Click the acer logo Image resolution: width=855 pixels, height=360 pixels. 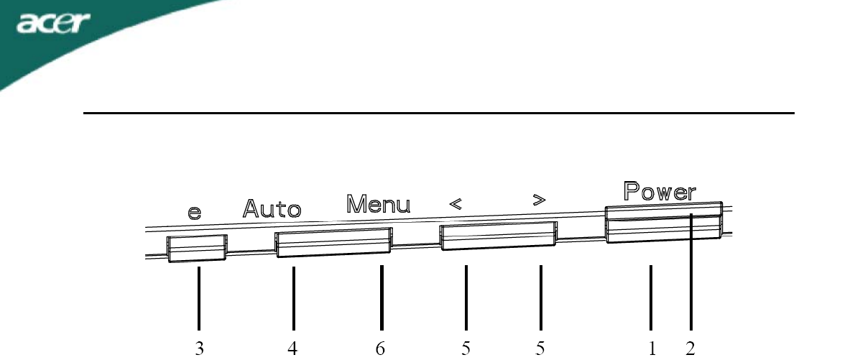tap(55, 27)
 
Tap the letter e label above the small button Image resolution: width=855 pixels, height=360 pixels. tap(195, 213)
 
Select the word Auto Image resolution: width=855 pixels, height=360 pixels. tap(272, 208)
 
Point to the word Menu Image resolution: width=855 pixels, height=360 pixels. tap(379, 204)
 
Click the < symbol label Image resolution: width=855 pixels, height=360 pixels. tap(456, 204)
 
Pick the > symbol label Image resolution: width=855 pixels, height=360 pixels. tap(537, 201)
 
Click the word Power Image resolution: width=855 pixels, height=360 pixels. tap(659, 191)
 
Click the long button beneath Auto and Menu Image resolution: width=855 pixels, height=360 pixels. tap(333, 242)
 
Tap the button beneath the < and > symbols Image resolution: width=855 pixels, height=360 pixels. tap(497, 236)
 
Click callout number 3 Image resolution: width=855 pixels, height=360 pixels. tap(199, 349)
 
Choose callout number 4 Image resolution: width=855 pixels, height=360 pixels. tap(293, 349)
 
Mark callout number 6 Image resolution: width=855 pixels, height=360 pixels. tap(381, 349)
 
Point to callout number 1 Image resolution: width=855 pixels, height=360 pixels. tap(652, 349)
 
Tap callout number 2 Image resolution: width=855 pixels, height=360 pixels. tap(690, 349)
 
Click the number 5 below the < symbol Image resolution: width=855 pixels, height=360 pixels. tap(466, 349)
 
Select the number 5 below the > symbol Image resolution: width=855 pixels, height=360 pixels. tap(540, 349)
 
